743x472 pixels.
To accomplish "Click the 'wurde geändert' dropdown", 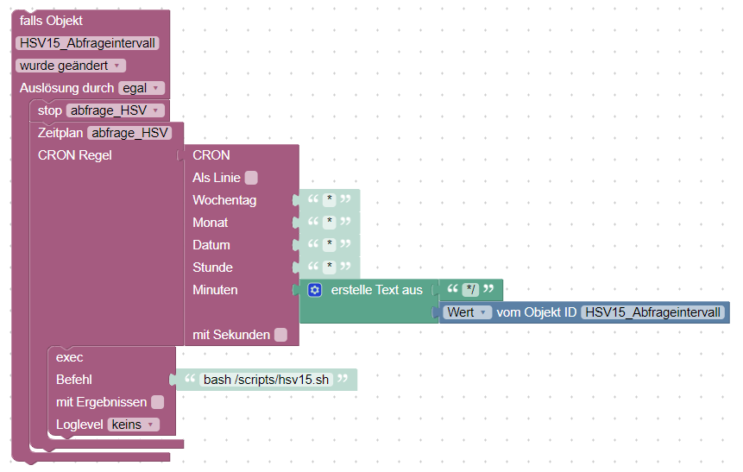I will pyautogui.click(x=71, y=66).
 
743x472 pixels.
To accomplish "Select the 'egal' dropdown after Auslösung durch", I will pyautogui.click(x=142, y=88).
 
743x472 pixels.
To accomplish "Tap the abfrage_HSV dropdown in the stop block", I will pyautogui.click(x=115, y=110).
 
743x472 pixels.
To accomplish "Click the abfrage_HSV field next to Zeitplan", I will pyautogui.click(x=129, y=133).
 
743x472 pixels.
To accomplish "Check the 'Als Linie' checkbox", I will pyautogui.click(x=251, y=178).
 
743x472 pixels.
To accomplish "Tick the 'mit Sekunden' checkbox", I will pyautogui.click(x=280, y=335).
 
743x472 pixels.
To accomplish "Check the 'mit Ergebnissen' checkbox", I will pyautogui.click(x=157, y=402).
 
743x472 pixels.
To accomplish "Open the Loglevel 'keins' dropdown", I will pyautogui.click(x=134, y=425).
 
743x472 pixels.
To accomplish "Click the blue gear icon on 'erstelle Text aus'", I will pyautogui.click(x=315, y=290).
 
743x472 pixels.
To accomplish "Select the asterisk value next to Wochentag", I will pyautogui.click(x=329, y=200).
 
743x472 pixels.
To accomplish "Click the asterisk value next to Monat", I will pyautogui.click(x=329, y=223).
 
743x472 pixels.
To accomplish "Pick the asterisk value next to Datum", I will pyautogui.click(x=329, y=245).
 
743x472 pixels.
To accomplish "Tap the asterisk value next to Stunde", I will pyautogui.click(x=329, y=267).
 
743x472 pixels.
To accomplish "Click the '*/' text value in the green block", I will pyautogui.click(x=470, y=290).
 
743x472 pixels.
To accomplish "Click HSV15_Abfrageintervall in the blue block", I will pyautogui.click(x=653, y=312).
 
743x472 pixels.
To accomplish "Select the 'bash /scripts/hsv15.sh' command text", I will pyautogui.click(x=266, y=380).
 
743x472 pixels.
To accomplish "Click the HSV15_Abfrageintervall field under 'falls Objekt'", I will pyautogui.click(x=87, y=43).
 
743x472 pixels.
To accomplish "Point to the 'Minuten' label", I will pyautogui.click(x=215, y=290).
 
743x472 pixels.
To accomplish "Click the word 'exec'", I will pyautogui.click(x=69, y=357).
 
